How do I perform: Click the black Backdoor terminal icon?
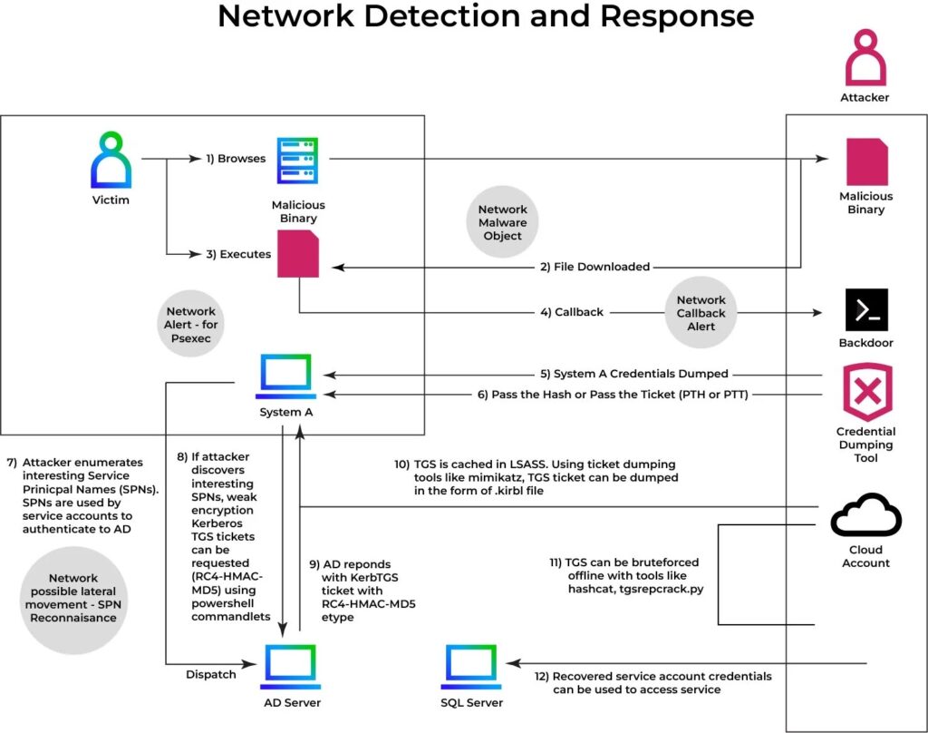click(865, 309)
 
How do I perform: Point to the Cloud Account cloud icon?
click(865, 516)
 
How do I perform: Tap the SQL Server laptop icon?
click(474, 668)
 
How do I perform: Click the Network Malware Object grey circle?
click(502, 222)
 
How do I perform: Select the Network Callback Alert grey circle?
click(701, 313)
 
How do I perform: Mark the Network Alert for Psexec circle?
click(191, 325)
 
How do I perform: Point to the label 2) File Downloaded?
click(595, 267)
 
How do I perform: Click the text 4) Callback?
click(571, 312)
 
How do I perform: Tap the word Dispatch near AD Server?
click(210, 674)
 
